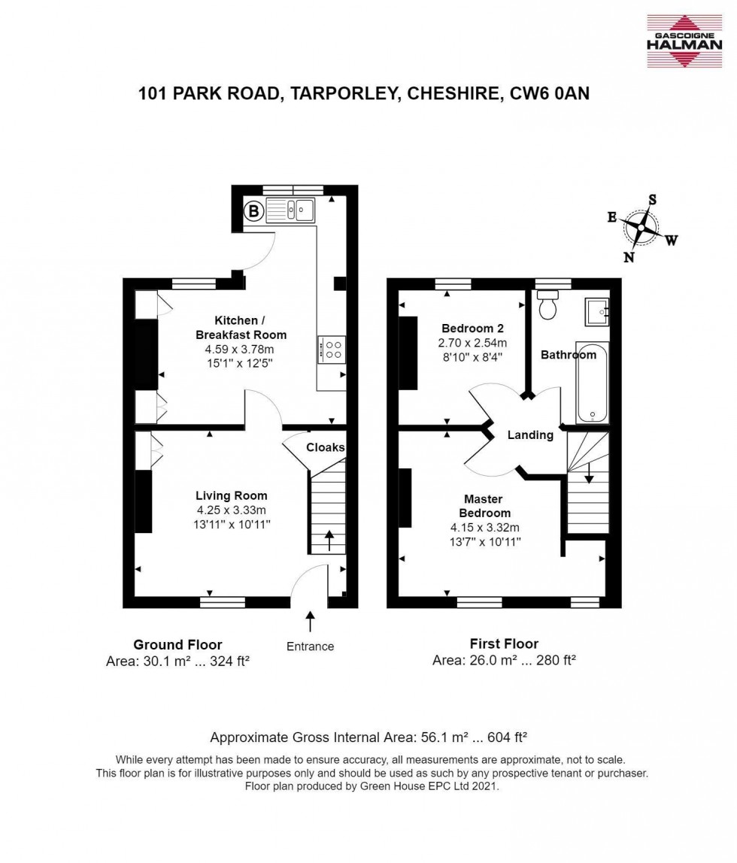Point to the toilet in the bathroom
coord(547,304)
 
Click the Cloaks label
coord(325,447)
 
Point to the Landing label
coord(530,435)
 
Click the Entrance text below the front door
coord(310,646)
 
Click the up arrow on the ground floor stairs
coord(328,541)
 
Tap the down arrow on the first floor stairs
coord(588,472)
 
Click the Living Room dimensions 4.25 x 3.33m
coord(231,510)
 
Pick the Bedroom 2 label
coord(472,329)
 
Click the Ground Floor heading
coord(177,644)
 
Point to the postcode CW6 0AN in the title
coord(550,93)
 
